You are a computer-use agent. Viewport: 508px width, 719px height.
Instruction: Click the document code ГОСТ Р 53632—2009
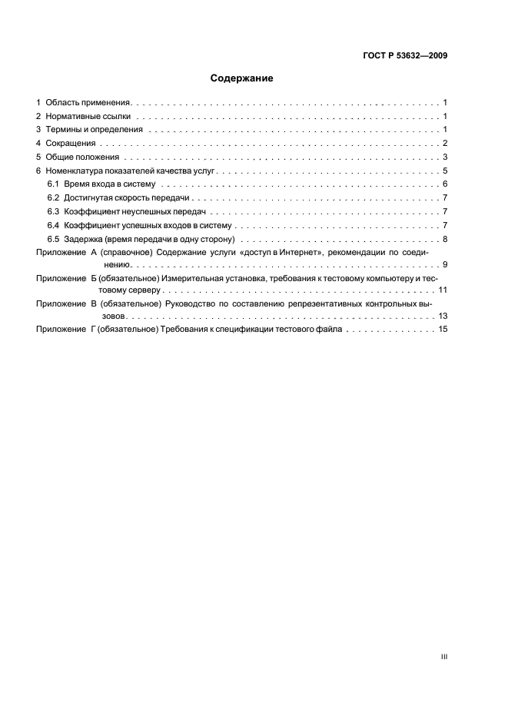[404, 56]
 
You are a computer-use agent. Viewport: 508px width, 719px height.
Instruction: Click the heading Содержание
[241, 78]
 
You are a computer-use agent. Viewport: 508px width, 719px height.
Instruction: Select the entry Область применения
[88, 102]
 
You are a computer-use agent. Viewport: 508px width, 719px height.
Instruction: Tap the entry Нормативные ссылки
[88, 116]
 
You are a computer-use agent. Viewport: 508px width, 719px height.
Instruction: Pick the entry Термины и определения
[95, 130]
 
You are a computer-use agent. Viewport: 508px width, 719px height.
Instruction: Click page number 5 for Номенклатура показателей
[445, 171]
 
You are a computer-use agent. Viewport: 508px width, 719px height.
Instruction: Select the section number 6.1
[53, 184]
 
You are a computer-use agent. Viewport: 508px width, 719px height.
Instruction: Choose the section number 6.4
[53, 226]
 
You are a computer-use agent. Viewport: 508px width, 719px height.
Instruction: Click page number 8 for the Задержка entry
[445, 239]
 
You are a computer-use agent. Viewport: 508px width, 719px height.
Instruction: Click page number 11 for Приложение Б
[443, 290]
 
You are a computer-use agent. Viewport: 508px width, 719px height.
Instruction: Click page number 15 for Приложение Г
[443, 330]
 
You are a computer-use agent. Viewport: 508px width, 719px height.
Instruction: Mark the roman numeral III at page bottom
[444, 657]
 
